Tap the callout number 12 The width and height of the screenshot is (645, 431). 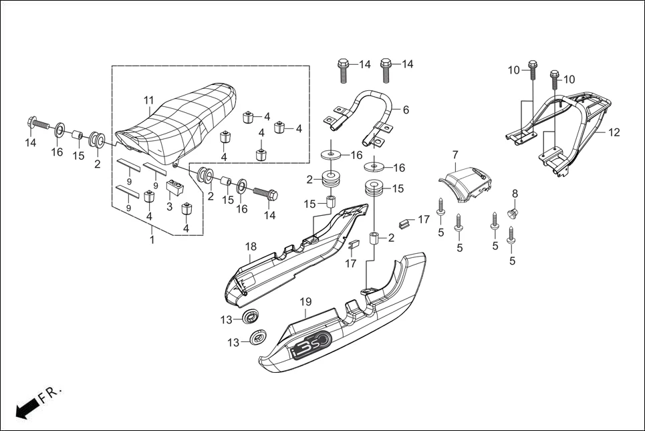point(614,133)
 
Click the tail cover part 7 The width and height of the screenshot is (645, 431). point(466,181)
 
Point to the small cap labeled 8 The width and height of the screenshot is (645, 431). point(513,214)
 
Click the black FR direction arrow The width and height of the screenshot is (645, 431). point(25,408)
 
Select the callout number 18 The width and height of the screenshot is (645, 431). point(250,247)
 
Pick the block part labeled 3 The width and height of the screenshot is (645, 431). point(174,187)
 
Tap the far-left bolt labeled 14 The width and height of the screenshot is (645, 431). point(39,124)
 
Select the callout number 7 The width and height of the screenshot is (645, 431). point(455,156)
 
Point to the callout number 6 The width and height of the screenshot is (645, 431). point(406,109)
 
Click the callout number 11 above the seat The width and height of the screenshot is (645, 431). point(148,100)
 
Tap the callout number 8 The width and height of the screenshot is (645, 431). point(515,194)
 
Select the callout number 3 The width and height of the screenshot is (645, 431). point(169,206)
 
